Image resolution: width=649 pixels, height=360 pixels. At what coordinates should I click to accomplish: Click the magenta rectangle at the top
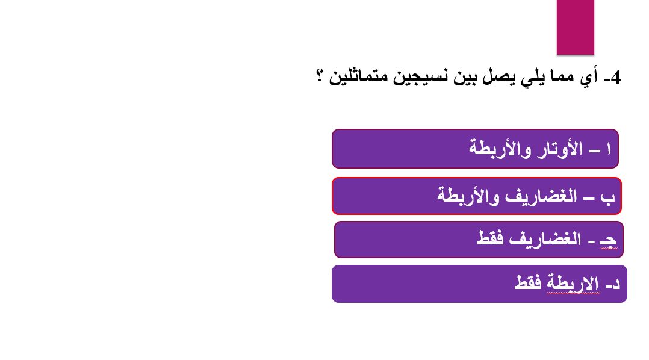pos(575,27)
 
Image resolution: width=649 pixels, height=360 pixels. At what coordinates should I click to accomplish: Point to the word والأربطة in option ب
pos(467,197)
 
